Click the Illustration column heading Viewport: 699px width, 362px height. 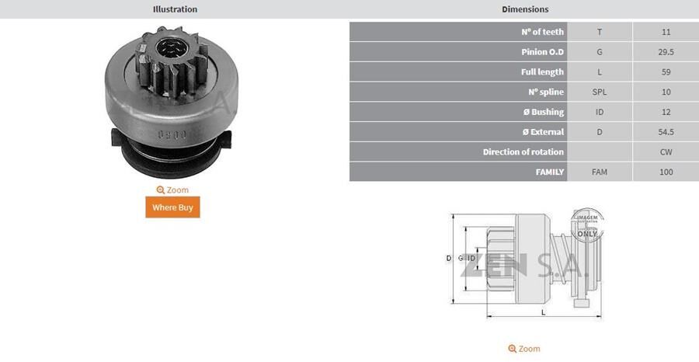[x=175, y=9]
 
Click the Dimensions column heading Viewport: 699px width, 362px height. [x=525, y=9]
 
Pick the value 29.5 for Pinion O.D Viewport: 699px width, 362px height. [x=666, y=52]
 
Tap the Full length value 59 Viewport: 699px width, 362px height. [x=666, y=72]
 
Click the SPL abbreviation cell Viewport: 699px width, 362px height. [x=600, y=92]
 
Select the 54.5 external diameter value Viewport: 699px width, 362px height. [x=666, y=132]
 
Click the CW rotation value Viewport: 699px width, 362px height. [x=666, y=151]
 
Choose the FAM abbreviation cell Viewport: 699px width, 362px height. [x=600, y=172]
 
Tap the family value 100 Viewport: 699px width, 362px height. [x=666, y=172]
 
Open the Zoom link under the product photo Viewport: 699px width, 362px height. [x=172, y=190]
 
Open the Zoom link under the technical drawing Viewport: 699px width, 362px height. [x=524, y=350]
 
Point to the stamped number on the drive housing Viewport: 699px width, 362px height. [x=169, y=134]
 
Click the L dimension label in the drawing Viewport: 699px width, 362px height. [x=543, y=312]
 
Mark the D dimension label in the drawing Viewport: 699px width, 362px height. [x=449, y=258]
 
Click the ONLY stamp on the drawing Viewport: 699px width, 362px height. [x=587, y=233]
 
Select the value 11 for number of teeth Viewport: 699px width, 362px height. [x=666, y=32]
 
